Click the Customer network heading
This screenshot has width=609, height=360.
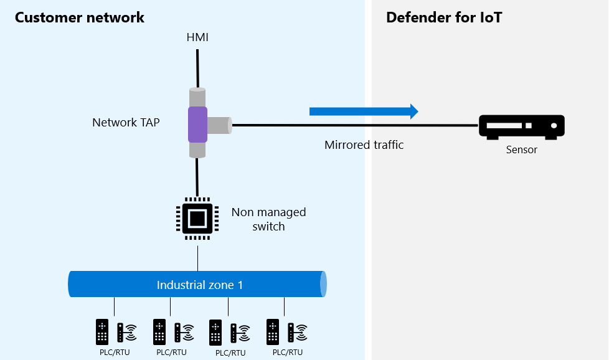tap(80, 17)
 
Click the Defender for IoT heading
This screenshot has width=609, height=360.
tap(444, 17)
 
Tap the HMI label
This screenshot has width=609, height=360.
tap(197, 37)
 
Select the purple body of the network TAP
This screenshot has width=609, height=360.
tap(197, 125)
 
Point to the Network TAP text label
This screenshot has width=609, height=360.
tap(126, 122)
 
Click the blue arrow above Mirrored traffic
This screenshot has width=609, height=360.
tap(364, 111)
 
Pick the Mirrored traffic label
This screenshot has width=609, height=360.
tap(364, 145)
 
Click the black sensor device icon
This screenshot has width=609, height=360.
tap(522, 127)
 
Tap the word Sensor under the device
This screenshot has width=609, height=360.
tap(522, 149)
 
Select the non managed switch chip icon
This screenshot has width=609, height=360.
tap(197, 219)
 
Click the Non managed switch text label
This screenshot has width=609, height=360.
tap(268, 219)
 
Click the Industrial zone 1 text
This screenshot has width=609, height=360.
tap(200, 285)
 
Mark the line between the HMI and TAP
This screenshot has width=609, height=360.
tap(197, 69)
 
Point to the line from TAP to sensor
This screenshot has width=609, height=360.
tap(355, 125)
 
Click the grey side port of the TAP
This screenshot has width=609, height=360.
tap(220, 125)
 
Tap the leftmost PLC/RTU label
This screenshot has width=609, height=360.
tap(115, 353)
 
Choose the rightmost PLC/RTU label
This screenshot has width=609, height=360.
tap(288, 353)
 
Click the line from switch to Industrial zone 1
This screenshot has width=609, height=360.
tap(197, 258)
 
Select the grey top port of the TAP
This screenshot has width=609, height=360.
tap(197, 97)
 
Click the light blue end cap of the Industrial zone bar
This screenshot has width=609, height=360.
tap(323, 284)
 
